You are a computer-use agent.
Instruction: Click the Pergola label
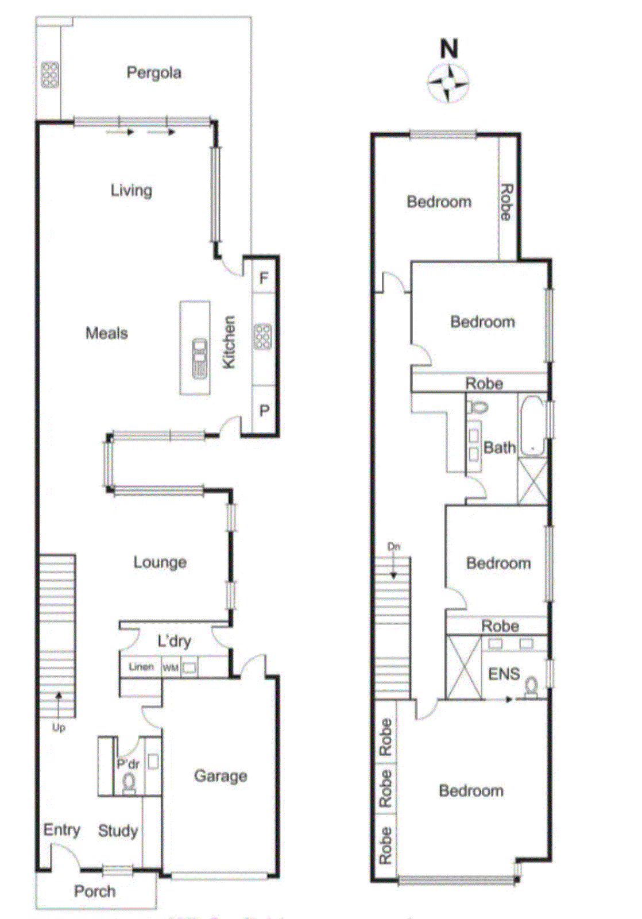coord(153,73)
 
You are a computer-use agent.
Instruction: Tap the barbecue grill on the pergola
coord(49,75)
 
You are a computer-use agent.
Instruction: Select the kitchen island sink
coord(199,358)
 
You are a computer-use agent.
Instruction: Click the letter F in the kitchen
coord(264,279)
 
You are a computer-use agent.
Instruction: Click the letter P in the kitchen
coord(264,411)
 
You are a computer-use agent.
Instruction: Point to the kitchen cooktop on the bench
coord(262,337)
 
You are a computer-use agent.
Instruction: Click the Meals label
coord(106,333)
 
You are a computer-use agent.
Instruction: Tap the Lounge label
coord(160,562)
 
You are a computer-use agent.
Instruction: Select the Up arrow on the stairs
coord(58,704)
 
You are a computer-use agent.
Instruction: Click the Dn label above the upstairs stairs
coord(393,546)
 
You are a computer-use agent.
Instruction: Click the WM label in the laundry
coord(171,667)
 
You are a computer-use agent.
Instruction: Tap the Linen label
coord(141,667)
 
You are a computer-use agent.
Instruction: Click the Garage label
coord(221,776)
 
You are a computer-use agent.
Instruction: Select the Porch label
coord(95,891)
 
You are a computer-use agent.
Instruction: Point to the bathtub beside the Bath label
coord(532,426)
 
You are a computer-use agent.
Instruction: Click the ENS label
coord(504,674)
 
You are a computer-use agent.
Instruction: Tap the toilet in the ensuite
coord(531,686)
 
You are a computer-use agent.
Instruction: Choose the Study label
coord(118,831)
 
